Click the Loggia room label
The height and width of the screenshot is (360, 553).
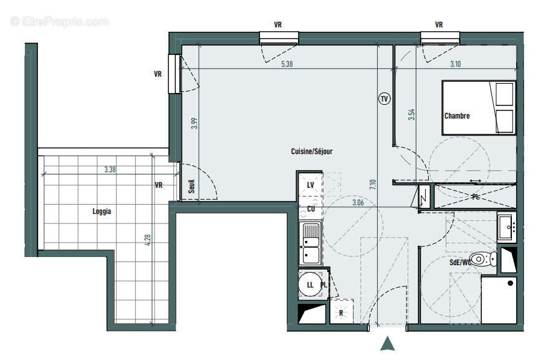click(102, 212)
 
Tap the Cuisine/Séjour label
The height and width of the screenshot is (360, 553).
click(312, 152)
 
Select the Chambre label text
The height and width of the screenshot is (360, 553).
click(457, 116)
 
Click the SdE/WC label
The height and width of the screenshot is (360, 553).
click(460, 263)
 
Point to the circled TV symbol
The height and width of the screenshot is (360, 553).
click(384, 99)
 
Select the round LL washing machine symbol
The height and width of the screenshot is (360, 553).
click(310, 285)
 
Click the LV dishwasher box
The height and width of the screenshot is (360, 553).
click(310, 185)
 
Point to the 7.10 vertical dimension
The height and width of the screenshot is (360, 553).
click(373, 185)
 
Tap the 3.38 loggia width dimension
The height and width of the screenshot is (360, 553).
click(110, 169)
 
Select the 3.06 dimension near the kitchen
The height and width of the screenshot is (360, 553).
click(358, 202)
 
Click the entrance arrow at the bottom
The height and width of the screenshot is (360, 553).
click(388, 343)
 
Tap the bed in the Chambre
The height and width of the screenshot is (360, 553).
click(479, 107)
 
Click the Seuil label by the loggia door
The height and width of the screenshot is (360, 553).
click(191, 188)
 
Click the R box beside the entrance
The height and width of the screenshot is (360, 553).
click(340, 312)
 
